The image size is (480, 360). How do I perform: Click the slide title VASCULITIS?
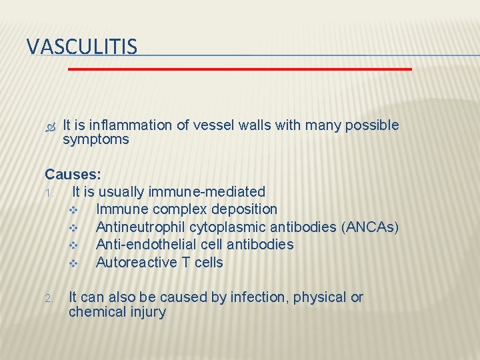pos(81,47)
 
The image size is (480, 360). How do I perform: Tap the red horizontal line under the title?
pos(240,69)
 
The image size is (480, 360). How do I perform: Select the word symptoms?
pos(95,139)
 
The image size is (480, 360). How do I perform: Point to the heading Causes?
pos(73,175)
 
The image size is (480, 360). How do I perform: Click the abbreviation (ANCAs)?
pos(369,227)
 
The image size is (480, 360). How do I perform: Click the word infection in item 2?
pos(270,297)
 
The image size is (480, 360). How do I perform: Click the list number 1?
pos(49,193)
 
